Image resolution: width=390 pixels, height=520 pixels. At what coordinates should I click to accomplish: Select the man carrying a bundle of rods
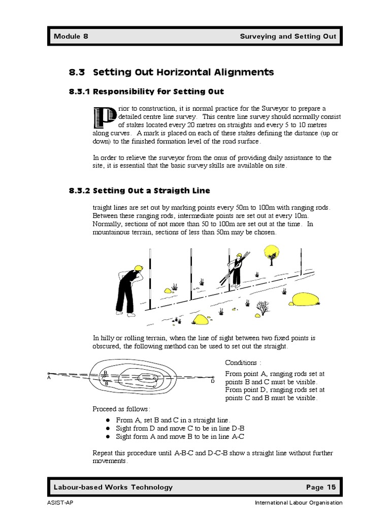(236, 270)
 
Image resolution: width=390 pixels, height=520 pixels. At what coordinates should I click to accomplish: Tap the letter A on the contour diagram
(49, 377)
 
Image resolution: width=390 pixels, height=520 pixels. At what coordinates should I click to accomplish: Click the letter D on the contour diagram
(213, 381)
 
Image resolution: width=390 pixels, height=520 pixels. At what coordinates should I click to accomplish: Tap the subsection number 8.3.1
(79, 92)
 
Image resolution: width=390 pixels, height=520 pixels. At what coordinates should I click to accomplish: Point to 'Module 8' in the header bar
(71, 37)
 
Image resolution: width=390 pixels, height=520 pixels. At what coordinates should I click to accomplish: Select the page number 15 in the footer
(331, 487)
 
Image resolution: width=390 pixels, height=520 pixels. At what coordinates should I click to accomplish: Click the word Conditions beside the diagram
(241, 363)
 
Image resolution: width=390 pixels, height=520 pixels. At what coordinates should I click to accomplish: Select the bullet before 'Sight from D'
(108, 428)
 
